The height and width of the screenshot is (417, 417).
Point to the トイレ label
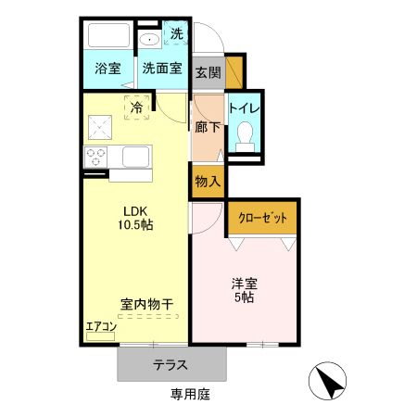coord(246,107)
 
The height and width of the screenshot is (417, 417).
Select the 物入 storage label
coord(207,181)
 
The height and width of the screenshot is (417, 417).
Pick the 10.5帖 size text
coord(133,225)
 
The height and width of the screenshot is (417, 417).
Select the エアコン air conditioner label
coord(100,325)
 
